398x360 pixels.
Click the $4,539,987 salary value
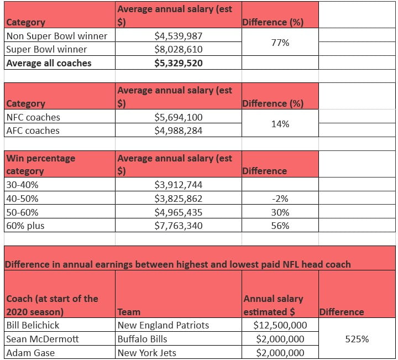pos(179,36)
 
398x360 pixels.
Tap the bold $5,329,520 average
pos(179,63)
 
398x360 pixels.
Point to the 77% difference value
pos(280,43)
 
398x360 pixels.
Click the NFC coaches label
pos(33,117)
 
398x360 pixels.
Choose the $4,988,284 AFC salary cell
pos(179,131)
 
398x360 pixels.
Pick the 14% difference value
pos(280,124)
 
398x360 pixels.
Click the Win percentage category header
pos(41,164)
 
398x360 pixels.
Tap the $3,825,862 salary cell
pos(179,199)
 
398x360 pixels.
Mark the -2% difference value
pos(280,199)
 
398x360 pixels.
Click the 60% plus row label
pos(25,225)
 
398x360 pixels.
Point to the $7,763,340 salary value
pos(179,225)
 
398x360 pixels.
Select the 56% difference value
pos(280,225)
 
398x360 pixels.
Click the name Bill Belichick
pos(33,325)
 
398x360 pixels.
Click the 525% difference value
pos(358,338)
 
